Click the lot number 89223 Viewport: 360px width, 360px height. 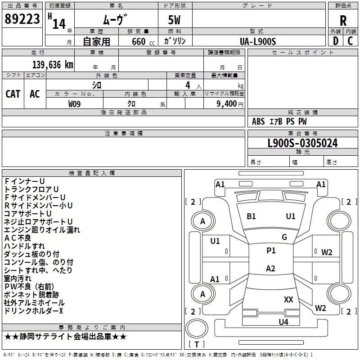22,19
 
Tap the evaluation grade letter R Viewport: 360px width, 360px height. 343,21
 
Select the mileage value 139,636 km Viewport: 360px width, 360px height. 53,65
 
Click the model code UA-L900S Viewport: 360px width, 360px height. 258,41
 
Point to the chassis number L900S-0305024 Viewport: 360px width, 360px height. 302,143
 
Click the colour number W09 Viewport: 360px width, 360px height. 74,104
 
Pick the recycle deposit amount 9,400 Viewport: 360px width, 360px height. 227,104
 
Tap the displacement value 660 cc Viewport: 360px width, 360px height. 143,41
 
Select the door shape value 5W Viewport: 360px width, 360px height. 174,20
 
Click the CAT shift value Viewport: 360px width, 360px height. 13,94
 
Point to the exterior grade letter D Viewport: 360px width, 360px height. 336,41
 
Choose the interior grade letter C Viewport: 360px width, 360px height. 350,41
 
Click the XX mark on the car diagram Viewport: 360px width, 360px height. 288,300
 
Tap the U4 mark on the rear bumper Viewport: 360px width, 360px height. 283,322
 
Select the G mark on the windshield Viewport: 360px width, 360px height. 284,237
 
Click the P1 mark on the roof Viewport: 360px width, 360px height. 271,251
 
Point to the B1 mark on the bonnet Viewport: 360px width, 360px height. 251,216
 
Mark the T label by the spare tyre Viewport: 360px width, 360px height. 197,344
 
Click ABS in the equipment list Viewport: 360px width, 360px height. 258,121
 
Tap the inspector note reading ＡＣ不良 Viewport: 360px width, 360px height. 18,238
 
